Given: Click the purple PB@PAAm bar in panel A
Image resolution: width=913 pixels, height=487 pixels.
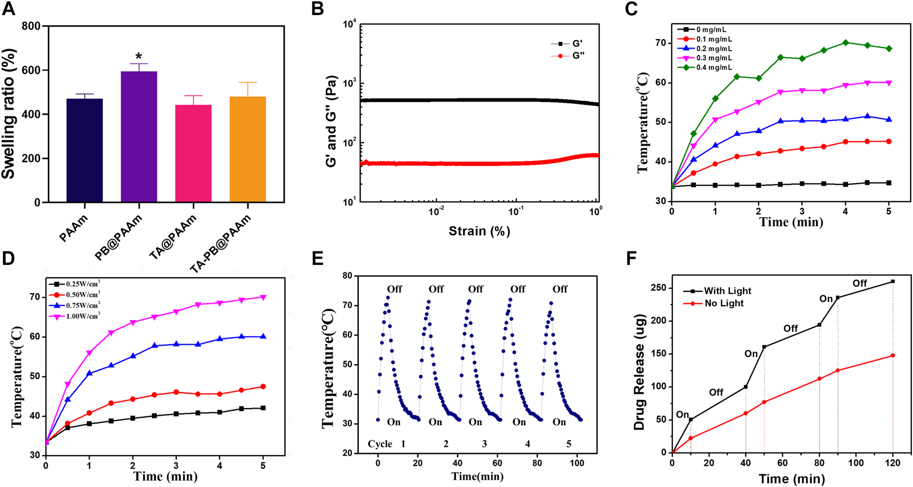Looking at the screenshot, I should click(139, 137).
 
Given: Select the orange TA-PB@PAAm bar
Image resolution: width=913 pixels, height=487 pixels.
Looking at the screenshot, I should click(247, 149).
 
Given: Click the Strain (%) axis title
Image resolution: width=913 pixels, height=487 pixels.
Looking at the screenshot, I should click(479, 231).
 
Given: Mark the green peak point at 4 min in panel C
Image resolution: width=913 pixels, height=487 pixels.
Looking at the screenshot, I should click(846, 43).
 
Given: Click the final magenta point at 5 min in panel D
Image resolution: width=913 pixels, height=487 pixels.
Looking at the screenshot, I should click(263, 297).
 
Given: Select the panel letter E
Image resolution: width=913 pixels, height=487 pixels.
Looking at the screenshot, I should click(317, 258).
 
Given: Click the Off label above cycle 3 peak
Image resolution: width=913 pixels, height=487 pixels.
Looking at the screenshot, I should click(475, 289).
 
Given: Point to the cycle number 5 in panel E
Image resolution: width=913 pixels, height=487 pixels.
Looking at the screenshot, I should click(569, 444).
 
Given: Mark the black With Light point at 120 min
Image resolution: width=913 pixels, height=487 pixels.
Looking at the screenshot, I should click(892, 281).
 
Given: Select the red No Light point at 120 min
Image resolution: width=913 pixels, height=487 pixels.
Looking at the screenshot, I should click(892, 355).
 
